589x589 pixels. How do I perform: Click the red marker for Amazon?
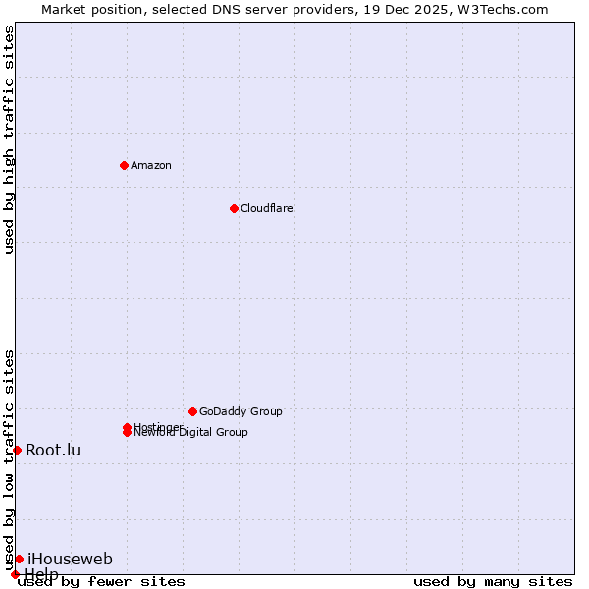pyautogui.click(x=124, y=165)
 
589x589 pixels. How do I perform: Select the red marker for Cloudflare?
pyautogui.click(x=234, y=208)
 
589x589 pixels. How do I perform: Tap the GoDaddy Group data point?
pyautogui.click(x=192, y=411)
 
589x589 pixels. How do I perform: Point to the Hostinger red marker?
pyautogui.click(x=127, y=427)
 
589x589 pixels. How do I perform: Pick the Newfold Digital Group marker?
pyautogui.click(x=127, y=433)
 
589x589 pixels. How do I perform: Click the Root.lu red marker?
pyautogui.click(x=17, y=450)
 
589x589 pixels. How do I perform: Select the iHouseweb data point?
pyautogui.click(x=19, y=559)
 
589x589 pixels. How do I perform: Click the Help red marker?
pyautogui.click(x=15, y=574)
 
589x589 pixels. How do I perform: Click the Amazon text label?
pyautogui.click(x=150, y=165)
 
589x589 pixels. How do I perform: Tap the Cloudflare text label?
pyautogui.click(x=266, y=208)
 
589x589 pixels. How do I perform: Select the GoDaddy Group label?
pyautogui.click(x=241, y=411)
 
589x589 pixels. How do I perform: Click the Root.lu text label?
pyautogui.click(x=53, y=450)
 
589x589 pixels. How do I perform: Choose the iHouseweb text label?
pyautogui.click(x=70, y=559)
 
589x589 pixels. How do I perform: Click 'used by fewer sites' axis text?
pyautogui.click(x=101, y=581)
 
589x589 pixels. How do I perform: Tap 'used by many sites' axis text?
pyautogui.click(x=493, y=581)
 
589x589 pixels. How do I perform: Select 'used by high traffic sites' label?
pyautogui.click(x=9, y=139)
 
